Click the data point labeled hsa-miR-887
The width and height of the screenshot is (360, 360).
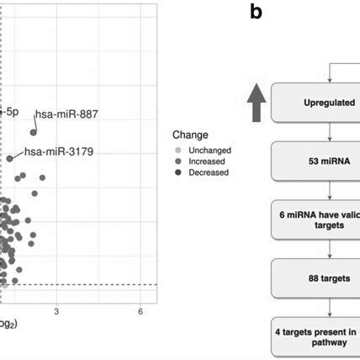[34, 132]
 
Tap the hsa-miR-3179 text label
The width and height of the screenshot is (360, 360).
[50, 152]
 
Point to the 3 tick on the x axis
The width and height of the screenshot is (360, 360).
[56, 311]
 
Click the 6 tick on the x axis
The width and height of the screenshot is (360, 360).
[140, 311]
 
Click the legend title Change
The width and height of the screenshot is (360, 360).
[189, 134]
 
